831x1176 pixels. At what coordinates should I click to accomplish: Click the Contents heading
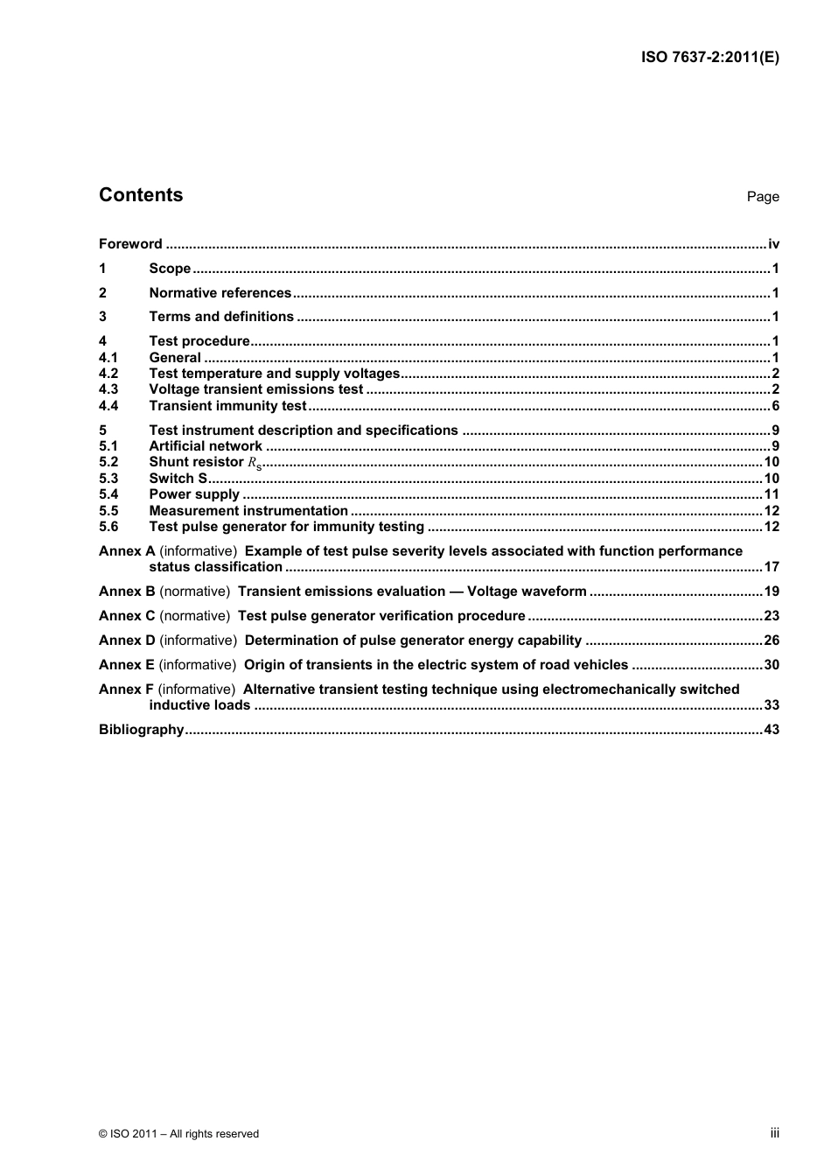141,195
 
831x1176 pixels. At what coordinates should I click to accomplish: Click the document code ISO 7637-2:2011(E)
709,57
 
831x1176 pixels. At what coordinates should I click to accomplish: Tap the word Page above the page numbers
762,197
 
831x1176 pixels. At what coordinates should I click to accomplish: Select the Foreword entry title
130,244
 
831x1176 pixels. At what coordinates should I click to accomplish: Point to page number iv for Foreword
773,244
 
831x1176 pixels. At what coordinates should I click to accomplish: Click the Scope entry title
170,269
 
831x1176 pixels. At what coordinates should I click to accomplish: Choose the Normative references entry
220,293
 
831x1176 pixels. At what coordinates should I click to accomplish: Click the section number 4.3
108,389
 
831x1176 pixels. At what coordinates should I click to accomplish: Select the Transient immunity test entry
227,406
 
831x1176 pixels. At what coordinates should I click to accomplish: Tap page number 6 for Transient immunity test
775,406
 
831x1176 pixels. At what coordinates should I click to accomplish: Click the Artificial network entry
206,446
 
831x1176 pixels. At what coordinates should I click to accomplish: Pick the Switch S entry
178,479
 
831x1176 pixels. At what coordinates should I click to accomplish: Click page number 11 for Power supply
772,494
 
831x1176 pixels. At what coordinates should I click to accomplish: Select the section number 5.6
108,527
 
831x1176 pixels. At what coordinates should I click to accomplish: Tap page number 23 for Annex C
772,616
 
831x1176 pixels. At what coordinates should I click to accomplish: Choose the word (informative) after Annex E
198,665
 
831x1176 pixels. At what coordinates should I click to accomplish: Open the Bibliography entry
142,730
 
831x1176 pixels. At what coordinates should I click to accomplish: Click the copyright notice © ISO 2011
179,1133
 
